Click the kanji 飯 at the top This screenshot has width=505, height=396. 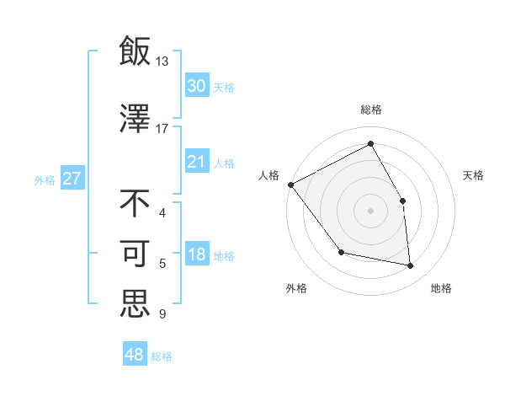(135, 51)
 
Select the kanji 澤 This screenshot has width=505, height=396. (135, 119)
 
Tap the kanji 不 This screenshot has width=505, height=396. (135, 203)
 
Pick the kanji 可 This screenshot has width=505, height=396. (135, 254)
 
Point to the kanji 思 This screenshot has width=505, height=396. (135, 303)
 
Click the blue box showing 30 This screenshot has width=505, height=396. (196, 86)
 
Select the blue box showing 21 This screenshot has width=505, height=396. (196, 162)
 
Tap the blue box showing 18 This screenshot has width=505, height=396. (196, 255)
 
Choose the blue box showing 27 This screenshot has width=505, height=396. (72, 179)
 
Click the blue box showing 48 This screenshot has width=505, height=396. (135, 355)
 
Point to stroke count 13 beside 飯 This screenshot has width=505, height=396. (162, 61)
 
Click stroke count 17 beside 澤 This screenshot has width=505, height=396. (162, 128)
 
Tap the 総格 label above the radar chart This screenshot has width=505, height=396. (371, 110)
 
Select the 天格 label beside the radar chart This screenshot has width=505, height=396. (474, 175)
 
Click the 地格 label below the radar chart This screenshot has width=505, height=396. (441, 288)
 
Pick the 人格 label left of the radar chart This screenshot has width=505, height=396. (269, 175)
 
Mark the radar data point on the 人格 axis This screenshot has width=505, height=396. (290, 185)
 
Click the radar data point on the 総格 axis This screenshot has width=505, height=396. (371, 143)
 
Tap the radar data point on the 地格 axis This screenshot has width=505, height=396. (411, 265)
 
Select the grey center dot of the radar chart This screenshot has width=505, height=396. (371, 210)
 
